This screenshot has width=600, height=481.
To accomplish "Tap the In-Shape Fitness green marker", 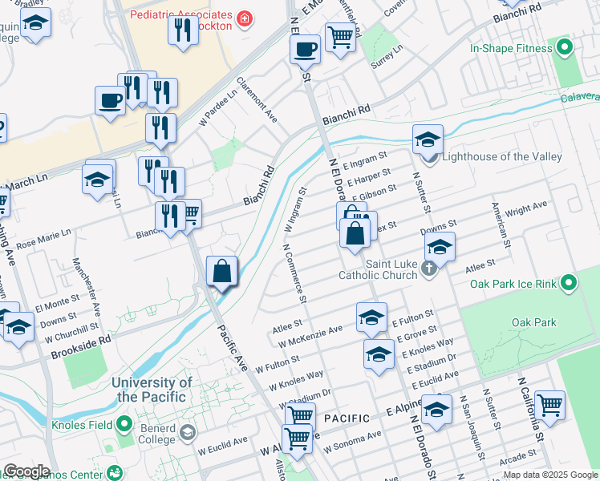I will tap(566, 48).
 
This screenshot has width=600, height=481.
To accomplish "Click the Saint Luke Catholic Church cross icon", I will tap(429, 269).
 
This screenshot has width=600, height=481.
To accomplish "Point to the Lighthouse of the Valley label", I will tap(503, 156).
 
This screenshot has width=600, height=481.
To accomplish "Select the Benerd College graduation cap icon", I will tap(187, 434).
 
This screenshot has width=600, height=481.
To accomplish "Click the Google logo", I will tap(26, 471).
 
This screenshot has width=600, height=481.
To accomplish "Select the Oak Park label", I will tap(533, 322).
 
